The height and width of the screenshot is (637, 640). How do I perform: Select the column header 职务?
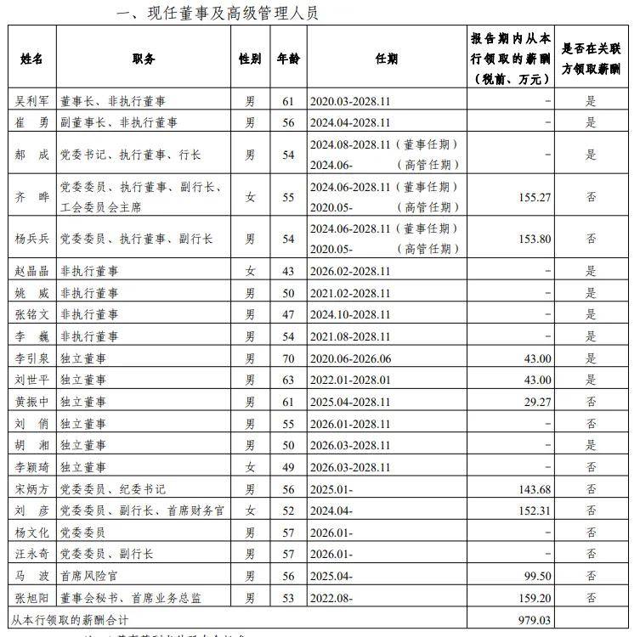pos(144,59)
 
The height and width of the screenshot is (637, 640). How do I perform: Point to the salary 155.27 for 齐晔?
pos(535,196)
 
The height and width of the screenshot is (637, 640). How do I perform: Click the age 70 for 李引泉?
pos(287,358)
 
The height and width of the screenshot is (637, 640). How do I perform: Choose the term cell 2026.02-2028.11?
pos(350,272)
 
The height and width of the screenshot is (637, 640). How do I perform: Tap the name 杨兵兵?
pos(31,240)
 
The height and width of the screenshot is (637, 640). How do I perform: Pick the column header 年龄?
pos(287,59)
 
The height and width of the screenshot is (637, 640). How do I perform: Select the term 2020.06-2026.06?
pos(350,358)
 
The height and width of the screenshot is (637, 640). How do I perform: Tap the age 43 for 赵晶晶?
pos(287,272)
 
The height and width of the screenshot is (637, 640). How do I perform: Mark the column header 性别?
pos(249,59)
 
